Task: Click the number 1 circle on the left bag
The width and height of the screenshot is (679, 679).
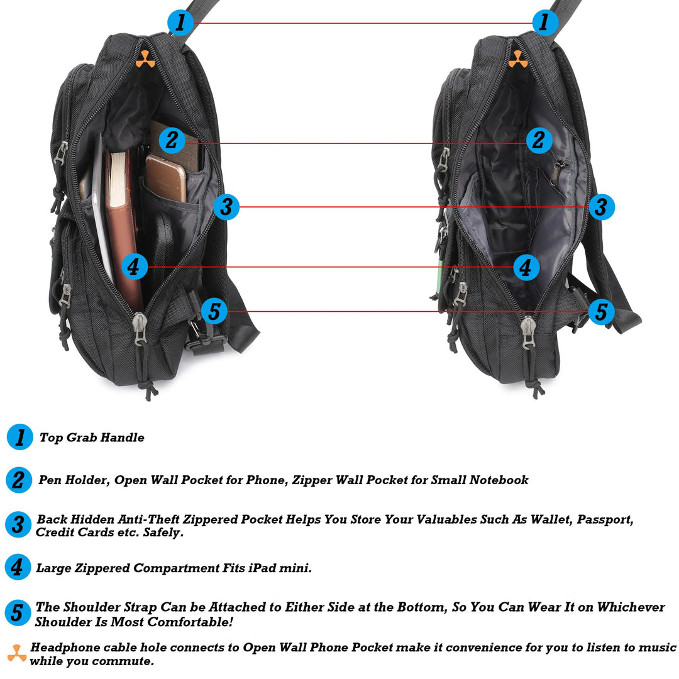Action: click(x=180, y=23)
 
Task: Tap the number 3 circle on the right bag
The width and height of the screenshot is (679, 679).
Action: click(x=602, y=206)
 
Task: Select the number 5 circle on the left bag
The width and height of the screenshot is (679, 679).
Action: click(x=214, y=311)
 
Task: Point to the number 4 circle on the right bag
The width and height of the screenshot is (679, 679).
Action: click(x=526, y=267)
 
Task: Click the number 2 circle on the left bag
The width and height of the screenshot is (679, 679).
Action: click(x=172, y=140)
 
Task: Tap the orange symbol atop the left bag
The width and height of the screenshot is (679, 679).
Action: click(x=145, y=59)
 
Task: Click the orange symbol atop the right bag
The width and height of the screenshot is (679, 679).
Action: click(x=517, y=59)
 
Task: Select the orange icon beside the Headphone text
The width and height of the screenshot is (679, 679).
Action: click(x=17, y=654)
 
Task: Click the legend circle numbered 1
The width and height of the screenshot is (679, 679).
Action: click(x=19, y=437)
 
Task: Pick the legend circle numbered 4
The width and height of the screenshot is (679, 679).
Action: click(x=18, y=567)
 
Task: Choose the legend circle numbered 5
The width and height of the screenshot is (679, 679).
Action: click(x=18, y=613)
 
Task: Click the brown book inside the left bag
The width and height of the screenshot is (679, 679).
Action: click(x=123, y=226)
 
